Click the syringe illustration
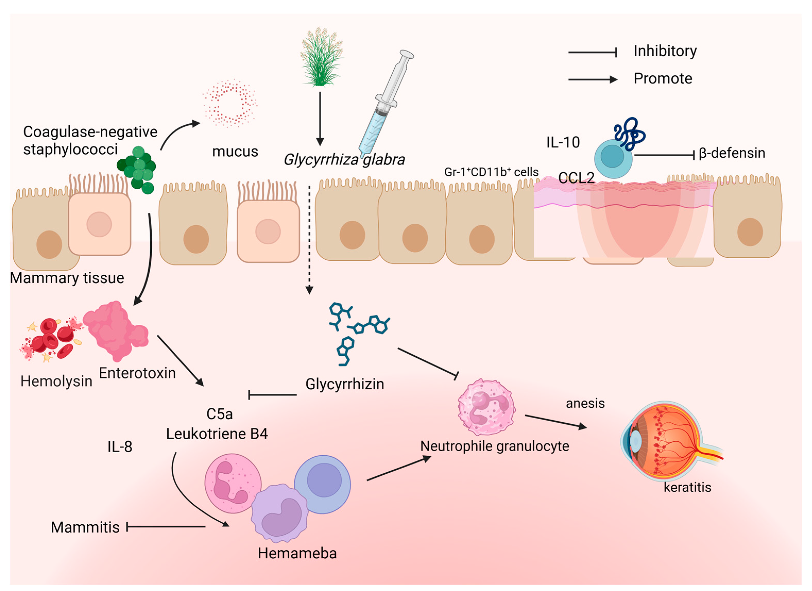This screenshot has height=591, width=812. click(x=385, y=104)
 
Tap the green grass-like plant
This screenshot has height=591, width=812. click(x=321, y=57)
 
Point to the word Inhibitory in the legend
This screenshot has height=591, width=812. click(x=665, y=51)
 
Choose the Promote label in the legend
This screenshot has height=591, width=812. click(x=663, y=79)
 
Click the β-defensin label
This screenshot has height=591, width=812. click(x=731, y=153)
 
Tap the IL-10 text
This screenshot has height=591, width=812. click(x=563, y=143)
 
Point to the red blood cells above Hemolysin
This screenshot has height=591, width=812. click(x=52, y=338)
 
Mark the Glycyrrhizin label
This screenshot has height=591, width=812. click(x=344, y=384)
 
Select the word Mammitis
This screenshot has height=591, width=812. click(x=85, y=527)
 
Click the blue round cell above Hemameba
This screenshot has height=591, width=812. click(x=322, y=484)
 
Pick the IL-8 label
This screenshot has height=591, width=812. click(x=120, y=447)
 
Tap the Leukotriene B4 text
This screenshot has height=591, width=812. click(x=217, y=434)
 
